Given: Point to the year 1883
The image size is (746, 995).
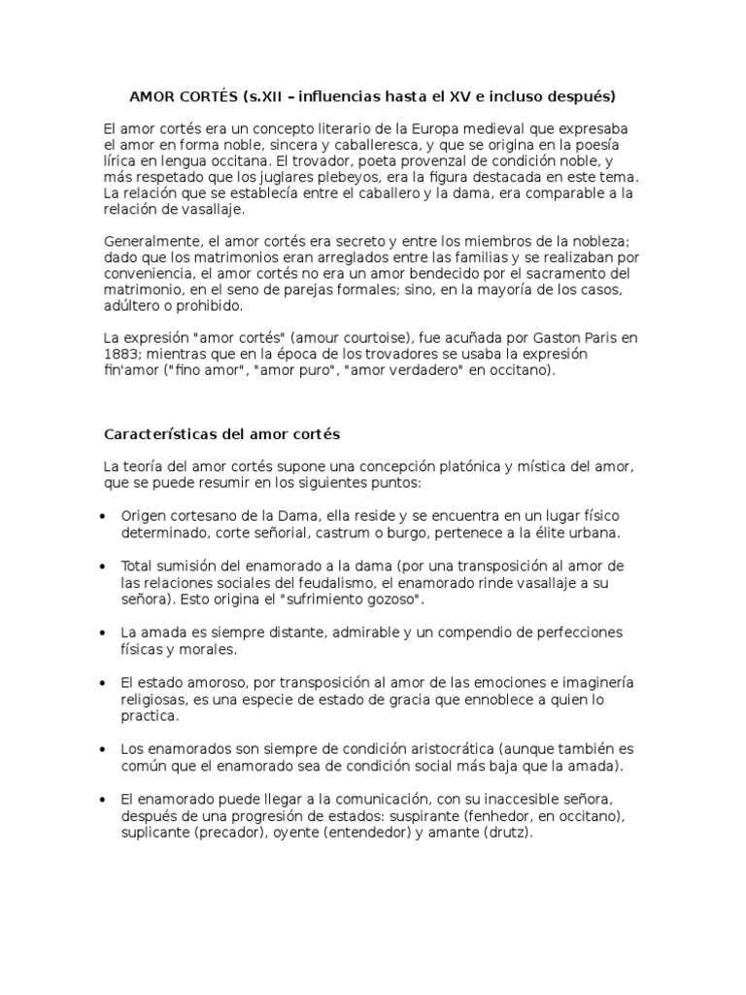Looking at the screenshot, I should pos(120,354).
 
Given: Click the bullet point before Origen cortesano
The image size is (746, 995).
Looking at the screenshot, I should pos(102,516).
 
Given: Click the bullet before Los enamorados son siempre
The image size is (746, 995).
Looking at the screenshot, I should pos(102,750).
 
